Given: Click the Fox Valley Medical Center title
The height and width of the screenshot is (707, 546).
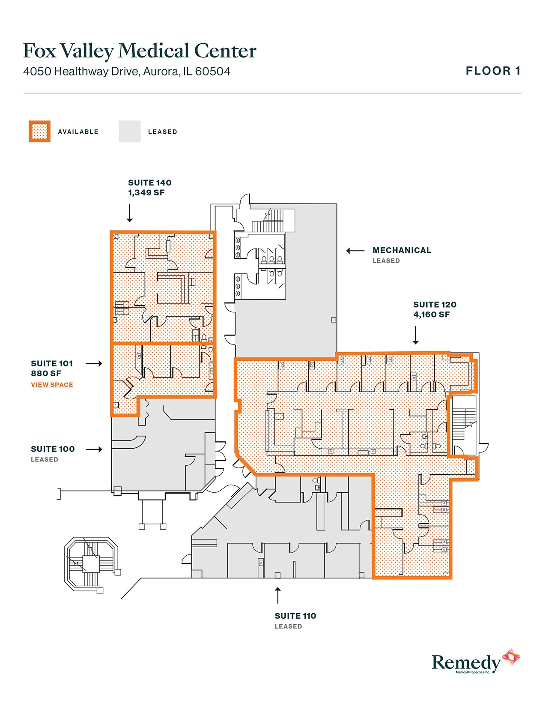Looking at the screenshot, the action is pos(140,51).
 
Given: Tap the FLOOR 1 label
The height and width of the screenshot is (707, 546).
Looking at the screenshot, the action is pos(493,71).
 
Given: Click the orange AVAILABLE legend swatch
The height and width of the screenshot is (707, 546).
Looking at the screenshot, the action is pos(39,132).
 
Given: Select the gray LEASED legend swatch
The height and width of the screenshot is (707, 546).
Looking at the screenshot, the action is pos(129,132).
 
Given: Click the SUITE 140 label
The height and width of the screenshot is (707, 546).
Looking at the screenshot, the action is pos(149,183).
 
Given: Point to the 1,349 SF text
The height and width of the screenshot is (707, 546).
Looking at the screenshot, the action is pos(146,193).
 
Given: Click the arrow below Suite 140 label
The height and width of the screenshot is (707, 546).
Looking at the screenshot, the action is pos(130,213).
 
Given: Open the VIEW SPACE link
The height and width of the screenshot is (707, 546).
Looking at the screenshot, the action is pos(52,385).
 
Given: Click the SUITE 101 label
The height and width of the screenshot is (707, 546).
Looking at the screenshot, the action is pos(52,363).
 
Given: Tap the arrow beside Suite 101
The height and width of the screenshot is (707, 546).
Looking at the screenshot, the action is pos(94,363).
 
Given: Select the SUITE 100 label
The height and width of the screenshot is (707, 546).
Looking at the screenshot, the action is pos(53,449).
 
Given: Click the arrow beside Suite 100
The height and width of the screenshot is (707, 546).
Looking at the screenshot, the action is pos(94,449).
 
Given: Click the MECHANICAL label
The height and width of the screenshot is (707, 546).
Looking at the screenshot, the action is pos(402,250).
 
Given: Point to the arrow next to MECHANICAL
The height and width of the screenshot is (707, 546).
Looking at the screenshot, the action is pos(355,251).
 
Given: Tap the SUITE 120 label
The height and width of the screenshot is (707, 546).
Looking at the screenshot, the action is pos(435,305).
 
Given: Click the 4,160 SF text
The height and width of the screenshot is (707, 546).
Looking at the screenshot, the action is pos(432,315).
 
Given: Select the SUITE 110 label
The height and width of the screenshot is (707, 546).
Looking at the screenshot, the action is pos(295,616).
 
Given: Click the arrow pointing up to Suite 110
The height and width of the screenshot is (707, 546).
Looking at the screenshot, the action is pos(278,595).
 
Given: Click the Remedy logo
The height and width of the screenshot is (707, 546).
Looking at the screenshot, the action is pos(476,661).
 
